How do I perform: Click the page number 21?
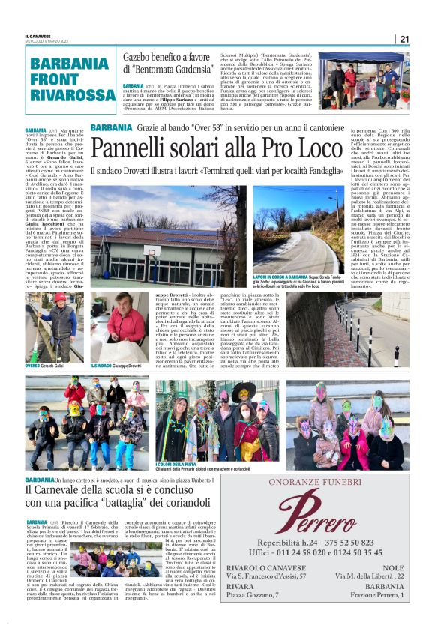click(x=404, y=39)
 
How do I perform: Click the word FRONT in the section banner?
click(x=54, y=78)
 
